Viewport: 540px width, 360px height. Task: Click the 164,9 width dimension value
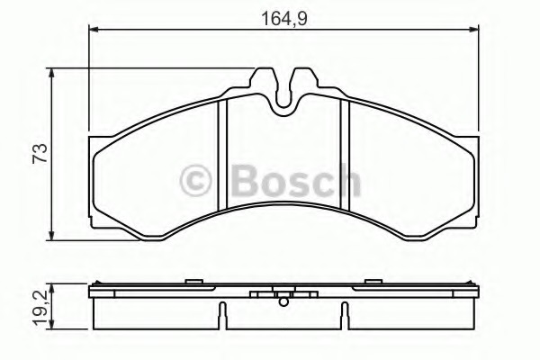click(284, 19)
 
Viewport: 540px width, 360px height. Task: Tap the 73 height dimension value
click(40, 153)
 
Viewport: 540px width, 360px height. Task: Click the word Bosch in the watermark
click(296, 180)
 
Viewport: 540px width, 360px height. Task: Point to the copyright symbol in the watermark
click(195, 180)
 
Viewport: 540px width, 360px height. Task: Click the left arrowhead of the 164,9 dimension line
click(94, 30)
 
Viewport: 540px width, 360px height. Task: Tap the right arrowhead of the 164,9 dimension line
click(473, 30)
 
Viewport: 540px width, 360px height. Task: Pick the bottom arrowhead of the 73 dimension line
click(51, 235)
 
